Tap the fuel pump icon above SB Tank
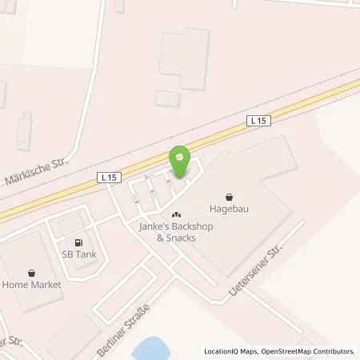(x=78, y=242)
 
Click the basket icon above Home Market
(x=30, y=272)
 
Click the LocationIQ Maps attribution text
(x=234, y=351)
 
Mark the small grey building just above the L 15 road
(x=168, y=99)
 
